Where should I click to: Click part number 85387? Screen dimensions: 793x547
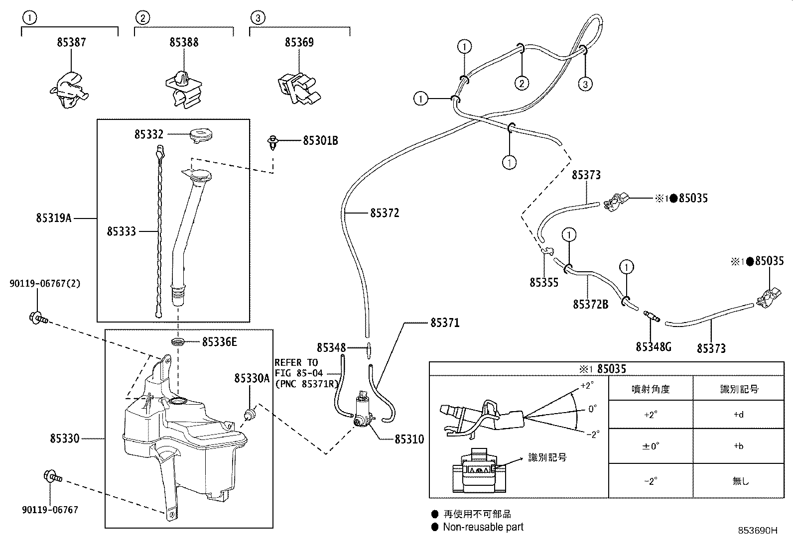coord(71,42)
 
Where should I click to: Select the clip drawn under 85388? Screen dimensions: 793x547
coord(184,90)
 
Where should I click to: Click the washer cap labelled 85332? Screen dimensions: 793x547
coord(201,135)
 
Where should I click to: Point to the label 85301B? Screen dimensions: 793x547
coord(320,141)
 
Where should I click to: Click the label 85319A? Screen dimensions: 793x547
coord(53,218)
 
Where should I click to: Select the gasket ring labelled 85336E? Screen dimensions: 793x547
coord(178,342)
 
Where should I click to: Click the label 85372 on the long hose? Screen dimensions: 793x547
coord(385,213)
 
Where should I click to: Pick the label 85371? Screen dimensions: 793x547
coord(445,323)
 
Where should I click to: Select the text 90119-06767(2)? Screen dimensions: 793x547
coord(45,283)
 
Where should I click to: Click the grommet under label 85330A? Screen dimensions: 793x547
coord(250,413)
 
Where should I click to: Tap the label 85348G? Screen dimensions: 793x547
coord(653,347)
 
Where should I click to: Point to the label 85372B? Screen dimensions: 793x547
coord(590,304)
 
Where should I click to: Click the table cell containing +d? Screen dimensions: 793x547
coord(739,414)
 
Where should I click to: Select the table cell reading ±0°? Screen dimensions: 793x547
coord(651,446)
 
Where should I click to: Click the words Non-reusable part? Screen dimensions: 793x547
coord(483,527)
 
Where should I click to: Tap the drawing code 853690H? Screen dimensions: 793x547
coord(758,531)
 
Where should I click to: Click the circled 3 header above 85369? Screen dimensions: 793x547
coord(258,18)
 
